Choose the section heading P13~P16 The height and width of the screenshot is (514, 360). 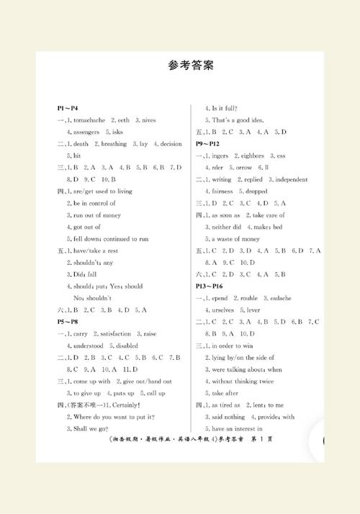(x=211, y=286)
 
